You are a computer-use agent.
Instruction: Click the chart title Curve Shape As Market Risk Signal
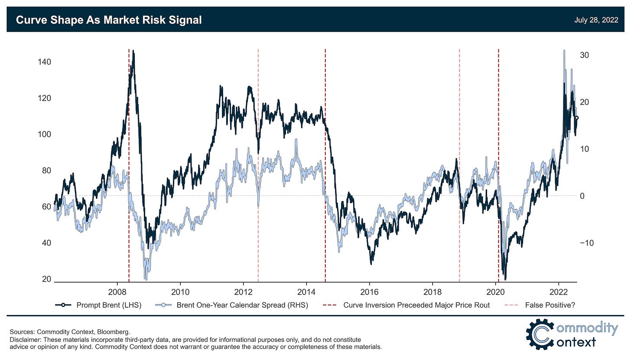pos(109,20)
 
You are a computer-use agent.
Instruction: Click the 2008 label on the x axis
pos(117,290)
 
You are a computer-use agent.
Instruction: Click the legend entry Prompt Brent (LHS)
pos(108,305)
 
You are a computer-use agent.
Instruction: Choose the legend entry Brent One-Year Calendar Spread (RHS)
pos(242,305)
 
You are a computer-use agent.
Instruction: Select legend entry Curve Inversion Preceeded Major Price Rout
pos(416,305)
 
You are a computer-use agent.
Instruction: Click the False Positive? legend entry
pos(550,305)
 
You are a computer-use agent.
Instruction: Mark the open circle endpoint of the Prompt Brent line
pos(576,118)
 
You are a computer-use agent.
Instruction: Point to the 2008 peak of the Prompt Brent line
pos(133,51)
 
